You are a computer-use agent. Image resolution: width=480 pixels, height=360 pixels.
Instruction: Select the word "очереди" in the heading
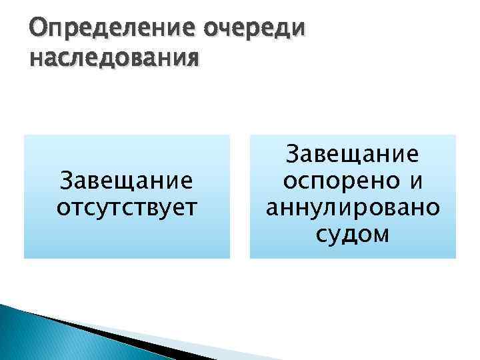[x=249, y=29]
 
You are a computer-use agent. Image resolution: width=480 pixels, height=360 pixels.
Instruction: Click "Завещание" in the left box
[x=127, y=181]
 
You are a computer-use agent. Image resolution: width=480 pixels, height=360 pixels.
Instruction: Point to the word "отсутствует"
[x=127, y=206]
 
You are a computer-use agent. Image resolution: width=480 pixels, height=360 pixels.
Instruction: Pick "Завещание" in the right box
[x=353, y=155]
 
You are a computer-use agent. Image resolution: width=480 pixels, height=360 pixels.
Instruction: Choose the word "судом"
[x=353, y=234]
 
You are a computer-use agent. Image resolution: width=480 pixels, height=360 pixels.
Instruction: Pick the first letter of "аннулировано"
[x=273, y=208]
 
